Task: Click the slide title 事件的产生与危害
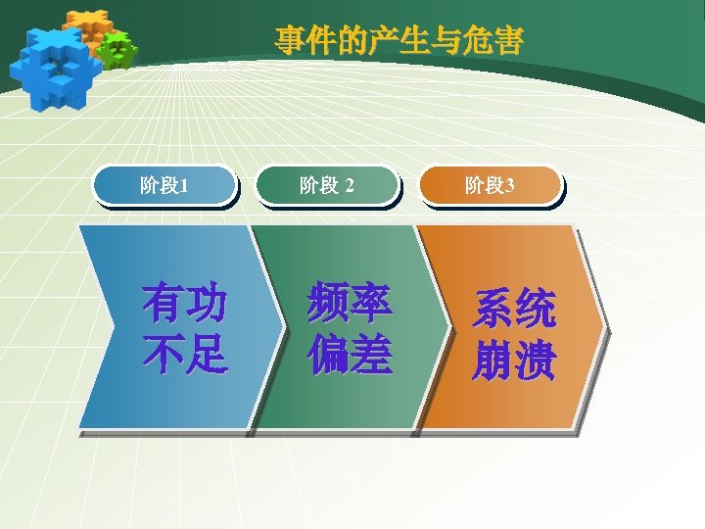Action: click(x=399, y=40)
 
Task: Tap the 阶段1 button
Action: click(x=164, y=185)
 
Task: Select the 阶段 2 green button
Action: click(x=327, y=185)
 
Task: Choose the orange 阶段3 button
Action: click(x=490, y=185)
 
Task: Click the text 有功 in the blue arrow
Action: click(x=184, y=303)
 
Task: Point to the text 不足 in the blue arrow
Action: click(x=184, y=355)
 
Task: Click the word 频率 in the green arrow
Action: click(x=350, y=303)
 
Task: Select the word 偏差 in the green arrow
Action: click(x=350, y=355)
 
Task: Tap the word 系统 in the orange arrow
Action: click(x=514, y=309)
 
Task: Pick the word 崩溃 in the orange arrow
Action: click(x=514, y=360)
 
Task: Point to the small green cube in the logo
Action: click(x=117, y=49)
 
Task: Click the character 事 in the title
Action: click(x=288, y=40)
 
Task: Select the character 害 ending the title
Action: click(x=510, y=40)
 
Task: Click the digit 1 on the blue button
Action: click(x=185, y=185)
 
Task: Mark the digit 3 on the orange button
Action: click(x=509, y=185)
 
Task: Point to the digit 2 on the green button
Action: click(x=350, y=185)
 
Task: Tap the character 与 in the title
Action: click(x=446, y=40)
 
